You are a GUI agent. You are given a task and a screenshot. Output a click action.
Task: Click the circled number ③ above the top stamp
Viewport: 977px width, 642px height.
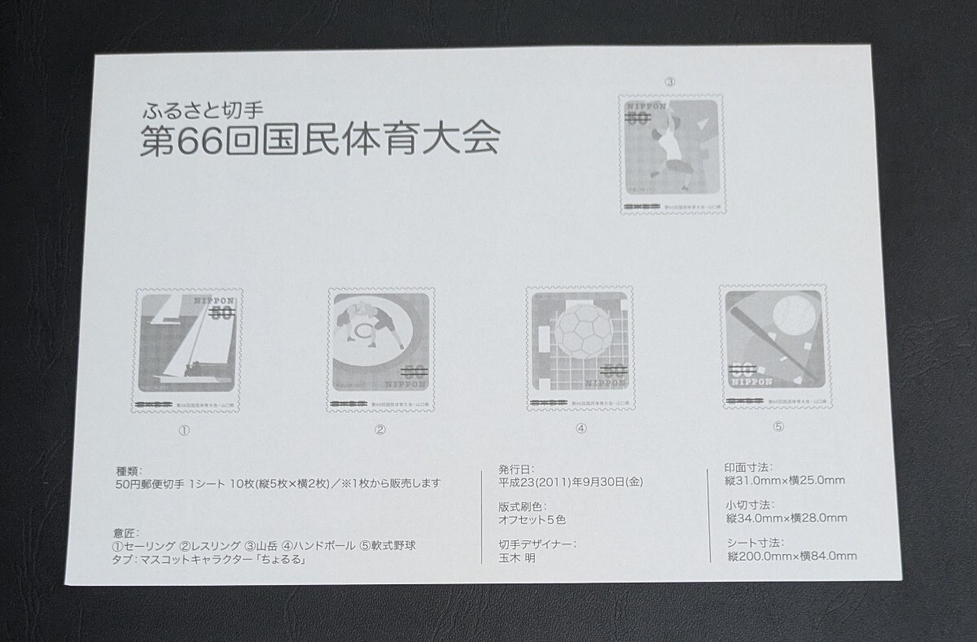(670, 81)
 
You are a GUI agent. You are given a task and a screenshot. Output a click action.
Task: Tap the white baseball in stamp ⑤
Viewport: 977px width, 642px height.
(793, 315)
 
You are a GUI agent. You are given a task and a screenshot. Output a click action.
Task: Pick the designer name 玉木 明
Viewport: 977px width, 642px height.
(518, 558)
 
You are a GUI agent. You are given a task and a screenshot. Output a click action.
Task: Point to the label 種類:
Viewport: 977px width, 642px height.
(129, 470)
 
